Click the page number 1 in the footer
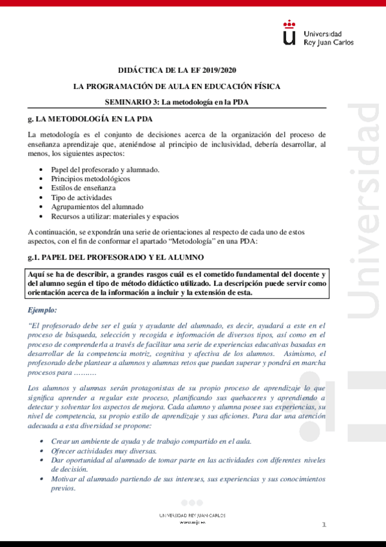[x=324, y=526]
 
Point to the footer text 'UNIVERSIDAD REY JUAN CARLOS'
[x=193, y=515]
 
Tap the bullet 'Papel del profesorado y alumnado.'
[x=96, y=169]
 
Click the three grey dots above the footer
[x=191, y=502]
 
